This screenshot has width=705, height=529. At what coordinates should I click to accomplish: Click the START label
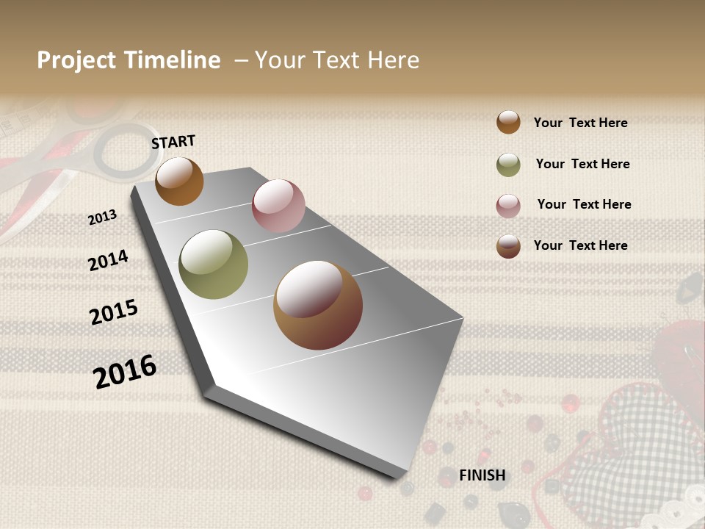173,141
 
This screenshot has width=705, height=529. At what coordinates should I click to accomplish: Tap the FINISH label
482,475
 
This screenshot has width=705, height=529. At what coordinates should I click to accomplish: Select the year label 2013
103,217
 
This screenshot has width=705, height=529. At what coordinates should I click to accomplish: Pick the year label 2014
108,260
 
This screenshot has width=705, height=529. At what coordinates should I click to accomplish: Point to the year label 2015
114,312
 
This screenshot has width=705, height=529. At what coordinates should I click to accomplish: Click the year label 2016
125,371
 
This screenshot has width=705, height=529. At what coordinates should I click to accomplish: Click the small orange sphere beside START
179,181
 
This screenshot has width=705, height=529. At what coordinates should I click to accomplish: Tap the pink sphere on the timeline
278,206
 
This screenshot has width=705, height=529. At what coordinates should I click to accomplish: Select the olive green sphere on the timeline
214,264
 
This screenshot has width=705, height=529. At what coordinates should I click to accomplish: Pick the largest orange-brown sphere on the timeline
318,305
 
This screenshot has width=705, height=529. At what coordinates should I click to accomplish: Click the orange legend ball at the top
508,122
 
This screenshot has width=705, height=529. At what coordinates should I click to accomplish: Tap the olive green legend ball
508,165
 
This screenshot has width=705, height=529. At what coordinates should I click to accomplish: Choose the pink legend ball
508,206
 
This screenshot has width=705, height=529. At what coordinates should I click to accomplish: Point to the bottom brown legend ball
508,246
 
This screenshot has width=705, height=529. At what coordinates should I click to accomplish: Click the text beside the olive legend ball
582,164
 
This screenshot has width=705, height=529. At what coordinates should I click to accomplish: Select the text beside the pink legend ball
584,204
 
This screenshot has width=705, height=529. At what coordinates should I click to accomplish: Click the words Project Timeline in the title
129,60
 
